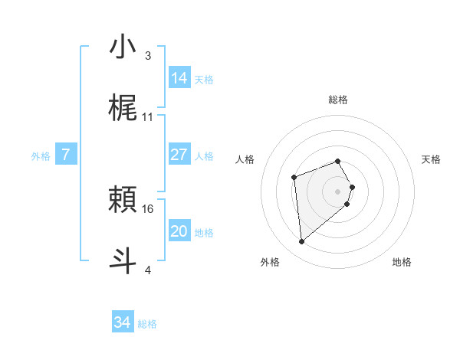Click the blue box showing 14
pyautogui.click(x=179, y=78)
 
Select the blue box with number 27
pyautogui.click(x=179, y=155)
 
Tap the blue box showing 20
pyautogui.click(x=179, y=231)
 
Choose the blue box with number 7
pyautogui.click(x=66, y=155)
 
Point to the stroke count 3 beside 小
pyautogui.click(x=148, y=56)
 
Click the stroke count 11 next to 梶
pyautogui.click(x=148, y=117)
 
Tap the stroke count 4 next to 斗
pyautogui.click(x=148, y=270)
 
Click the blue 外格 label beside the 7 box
pyautogui.click(x=41, y=155)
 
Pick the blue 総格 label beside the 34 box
pyautogui.click(x=147, y=324)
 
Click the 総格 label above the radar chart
pyautogui.click(x=337, y=100)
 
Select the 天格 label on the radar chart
pyautogui.click(x=431, y=159)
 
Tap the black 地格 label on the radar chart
pyautogui.click(x=402, y=262)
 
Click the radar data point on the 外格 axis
pyautogui.click(x=302, y=242)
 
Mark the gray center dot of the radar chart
pyautogui.click(x=337, y=191)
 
